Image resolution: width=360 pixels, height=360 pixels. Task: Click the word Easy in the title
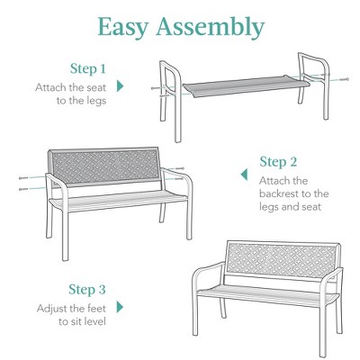pos(126,27)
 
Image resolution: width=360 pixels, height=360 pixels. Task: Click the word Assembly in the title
pos(211,28)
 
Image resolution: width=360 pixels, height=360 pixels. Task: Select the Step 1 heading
pos(88,68)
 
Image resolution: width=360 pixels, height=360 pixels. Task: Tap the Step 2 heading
pos(278,162)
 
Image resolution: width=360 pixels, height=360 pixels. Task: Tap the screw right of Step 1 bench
pos(343,80)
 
